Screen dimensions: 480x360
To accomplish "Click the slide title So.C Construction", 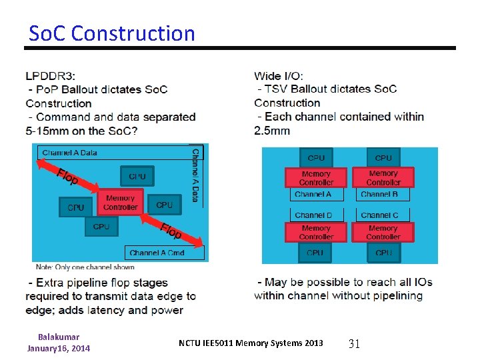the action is (x=112, y=33).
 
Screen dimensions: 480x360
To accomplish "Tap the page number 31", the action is (x=354, y=343).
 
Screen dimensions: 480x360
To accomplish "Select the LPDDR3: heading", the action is (x=51, y=75).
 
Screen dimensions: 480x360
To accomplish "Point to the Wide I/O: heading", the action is (x=279, y=75).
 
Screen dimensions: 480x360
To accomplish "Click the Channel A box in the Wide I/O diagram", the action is (x=313, y=194).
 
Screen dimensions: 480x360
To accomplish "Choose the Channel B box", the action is (x=379, y=194).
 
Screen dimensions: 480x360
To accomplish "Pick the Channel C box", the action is (x=379, y=215).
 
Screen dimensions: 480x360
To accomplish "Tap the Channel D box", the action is (x=313, y=215).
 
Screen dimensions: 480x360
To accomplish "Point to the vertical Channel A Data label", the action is (x=195, y=175).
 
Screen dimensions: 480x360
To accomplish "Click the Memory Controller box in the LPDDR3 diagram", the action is (x=120, y=203).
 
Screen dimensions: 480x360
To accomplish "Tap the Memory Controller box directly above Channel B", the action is (x=383, y=177).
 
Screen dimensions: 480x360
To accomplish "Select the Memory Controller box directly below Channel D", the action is (x=316, y=232).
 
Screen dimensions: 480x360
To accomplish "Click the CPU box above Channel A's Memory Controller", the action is (x=316, y=158).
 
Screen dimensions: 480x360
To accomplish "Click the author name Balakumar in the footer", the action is (x=59, y=337).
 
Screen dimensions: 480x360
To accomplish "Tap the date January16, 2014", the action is (x=59, y=348).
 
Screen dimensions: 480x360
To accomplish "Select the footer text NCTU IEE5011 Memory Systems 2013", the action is (x=251, y=343).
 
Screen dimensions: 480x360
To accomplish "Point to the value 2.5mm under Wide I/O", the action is (x=272, y=130).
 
